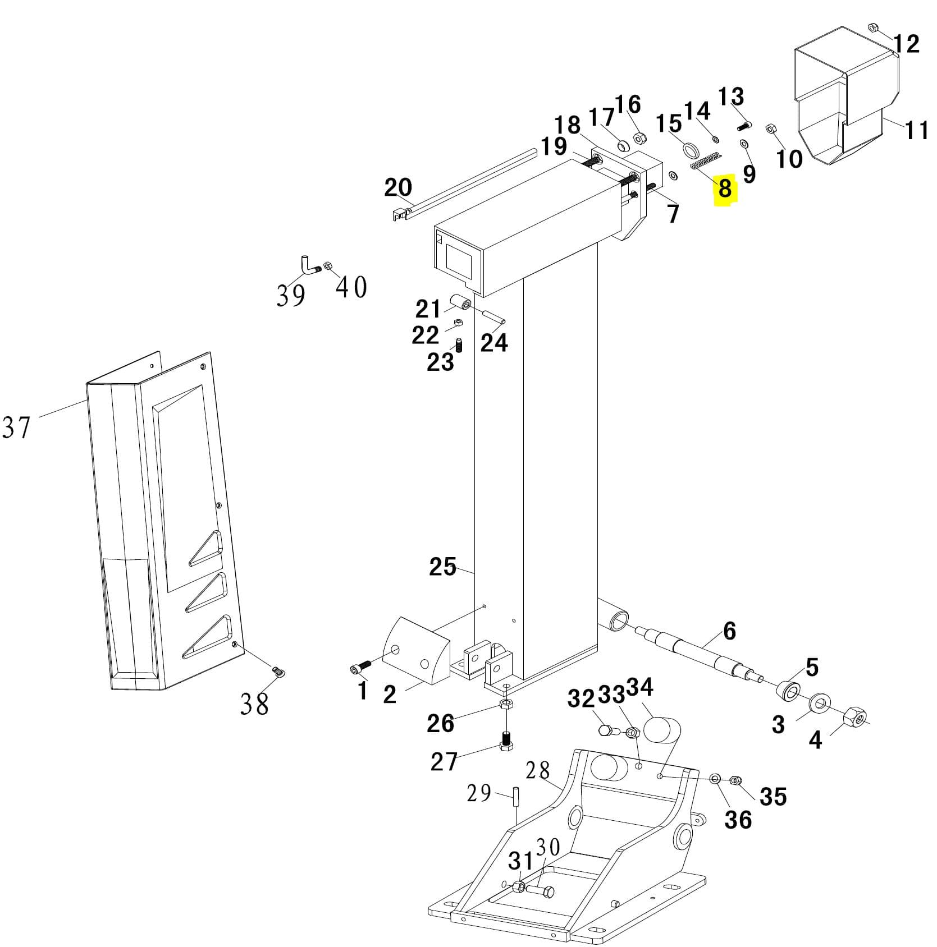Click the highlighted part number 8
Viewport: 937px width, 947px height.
(x=725, y=189)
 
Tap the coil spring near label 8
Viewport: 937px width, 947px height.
(x=705, y=162)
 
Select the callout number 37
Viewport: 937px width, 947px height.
(x=16, y=427)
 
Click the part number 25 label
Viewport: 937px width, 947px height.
(x=442, y=567)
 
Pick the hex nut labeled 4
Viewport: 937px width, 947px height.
(x=856, y=715)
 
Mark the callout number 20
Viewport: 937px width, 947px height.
(x=398, y=187)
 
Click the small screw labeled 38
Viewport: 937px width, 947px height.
(x=277, y=670)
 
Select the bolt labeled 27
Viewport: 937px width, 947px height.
(x=506, y=743)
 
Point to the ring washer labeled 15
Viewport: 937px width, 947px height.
(x=691, y=151)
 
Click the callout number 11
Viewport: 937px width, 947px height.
(x=917, y=131)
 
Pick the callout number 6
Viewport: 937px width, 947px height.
(x=729, y=631)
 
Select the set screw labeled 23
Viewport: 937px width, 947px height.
(x=459, y=346)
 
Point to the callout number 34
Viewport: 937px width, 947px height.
(x=639, y=687)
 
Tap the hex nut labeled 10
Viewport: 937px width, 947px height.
(x=771, y=130)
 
